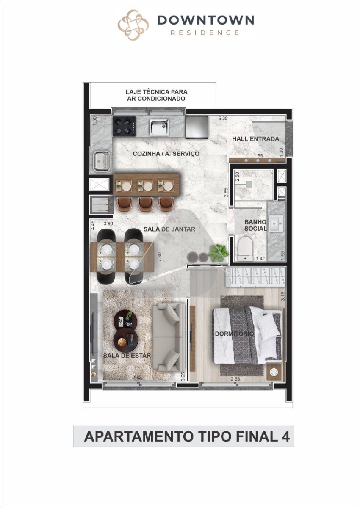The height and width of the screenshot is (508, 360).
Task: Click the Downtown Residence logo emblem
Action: [133, 25]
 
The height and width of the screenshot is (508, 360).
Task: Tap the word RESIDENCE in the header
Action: [205, 33]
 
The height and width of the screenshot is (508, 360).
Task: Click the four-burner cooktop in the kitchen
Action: [124, 126]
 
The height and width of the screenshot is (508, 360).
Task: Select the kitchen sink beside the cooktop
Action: [159, 127]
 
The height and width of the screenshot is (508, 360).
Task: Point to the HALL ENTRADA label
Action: [255, 139]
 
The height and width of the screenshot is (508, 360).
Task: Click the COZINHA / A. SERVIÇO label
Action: [166, 154]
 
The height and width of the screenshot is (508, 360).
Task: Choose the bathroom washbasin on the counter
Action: [276, 224]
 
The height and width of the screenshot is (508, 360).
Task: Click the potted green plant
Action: [218, 253]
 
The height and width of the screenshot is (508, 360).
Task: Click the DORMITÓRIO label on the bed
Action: [234, 334]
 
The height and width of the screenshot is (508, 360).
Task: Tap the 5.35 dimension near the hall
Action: [223, 118]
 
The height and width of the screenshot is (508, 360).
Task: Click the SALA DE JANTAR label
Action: [169, 229]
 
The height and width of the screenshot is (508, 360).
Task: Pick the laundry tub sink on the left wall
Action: [101, 161]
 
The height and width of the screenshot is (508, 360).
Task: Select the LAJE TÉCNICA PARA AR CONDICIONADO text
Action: [157, 95]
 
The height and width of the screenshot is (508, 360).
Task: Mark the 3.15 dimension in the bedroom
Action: [282, 296]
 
